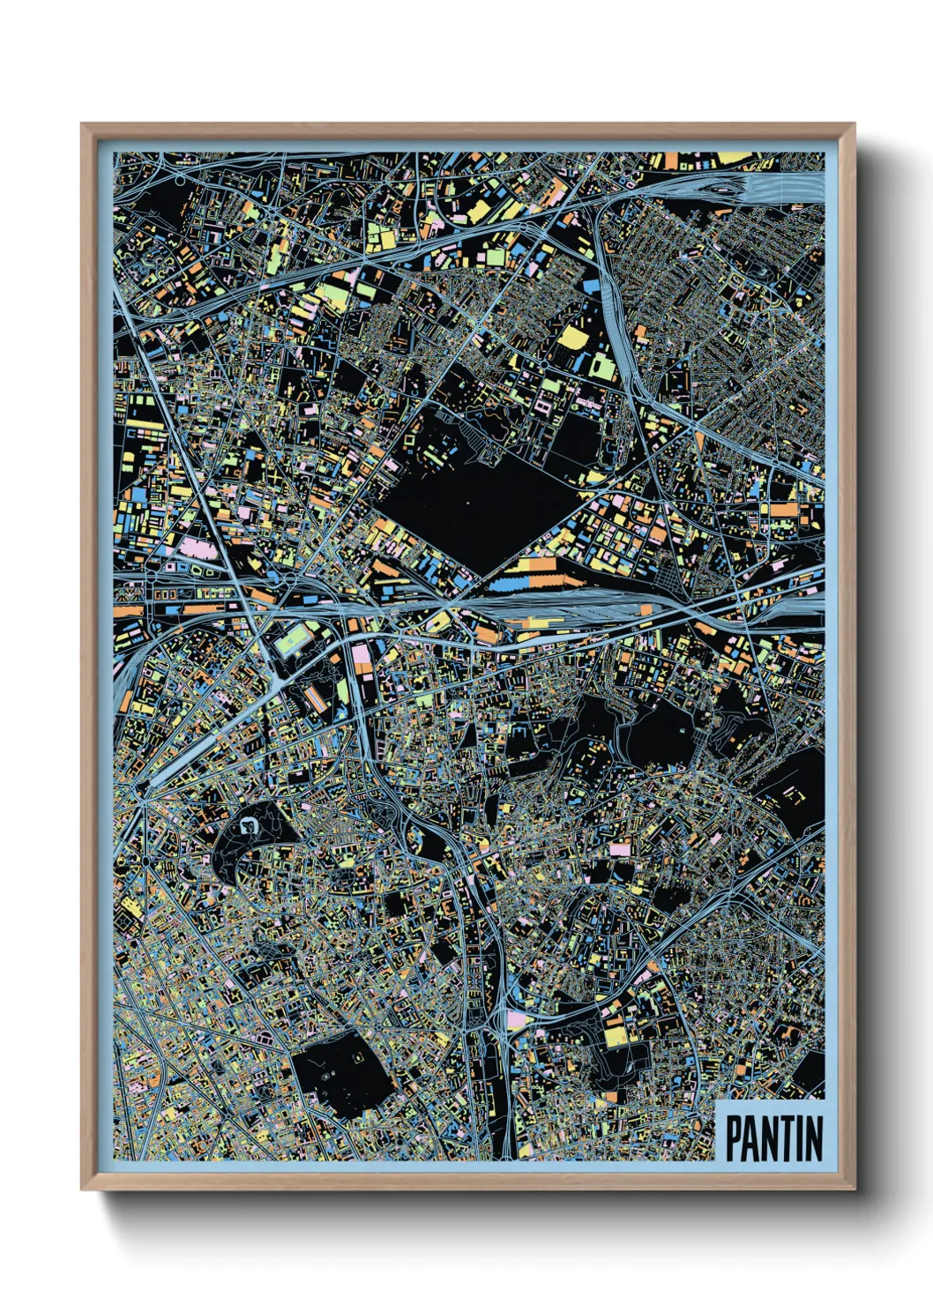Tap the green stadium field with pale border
click(x=294, y=638)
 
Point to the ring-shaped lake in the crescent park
click(x=249, y=826)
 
